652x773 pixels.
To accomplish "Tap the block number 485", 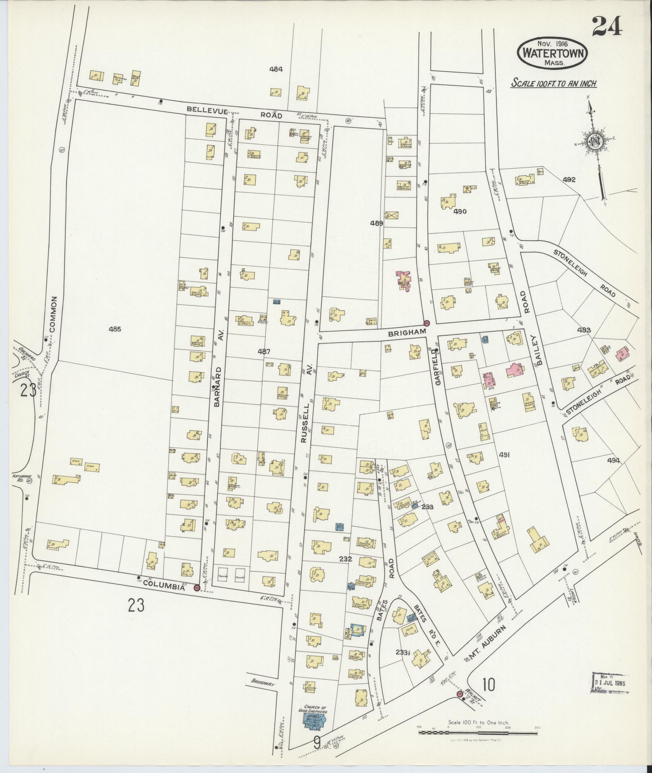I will coord(115,329).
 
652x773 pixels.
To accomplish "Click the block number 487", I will coord(264,352).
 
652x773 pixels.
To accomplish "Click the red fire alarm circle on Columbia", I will coord(197,588).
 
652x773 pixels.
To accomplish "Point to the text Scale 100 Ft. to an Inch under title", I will coord(553,84).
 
